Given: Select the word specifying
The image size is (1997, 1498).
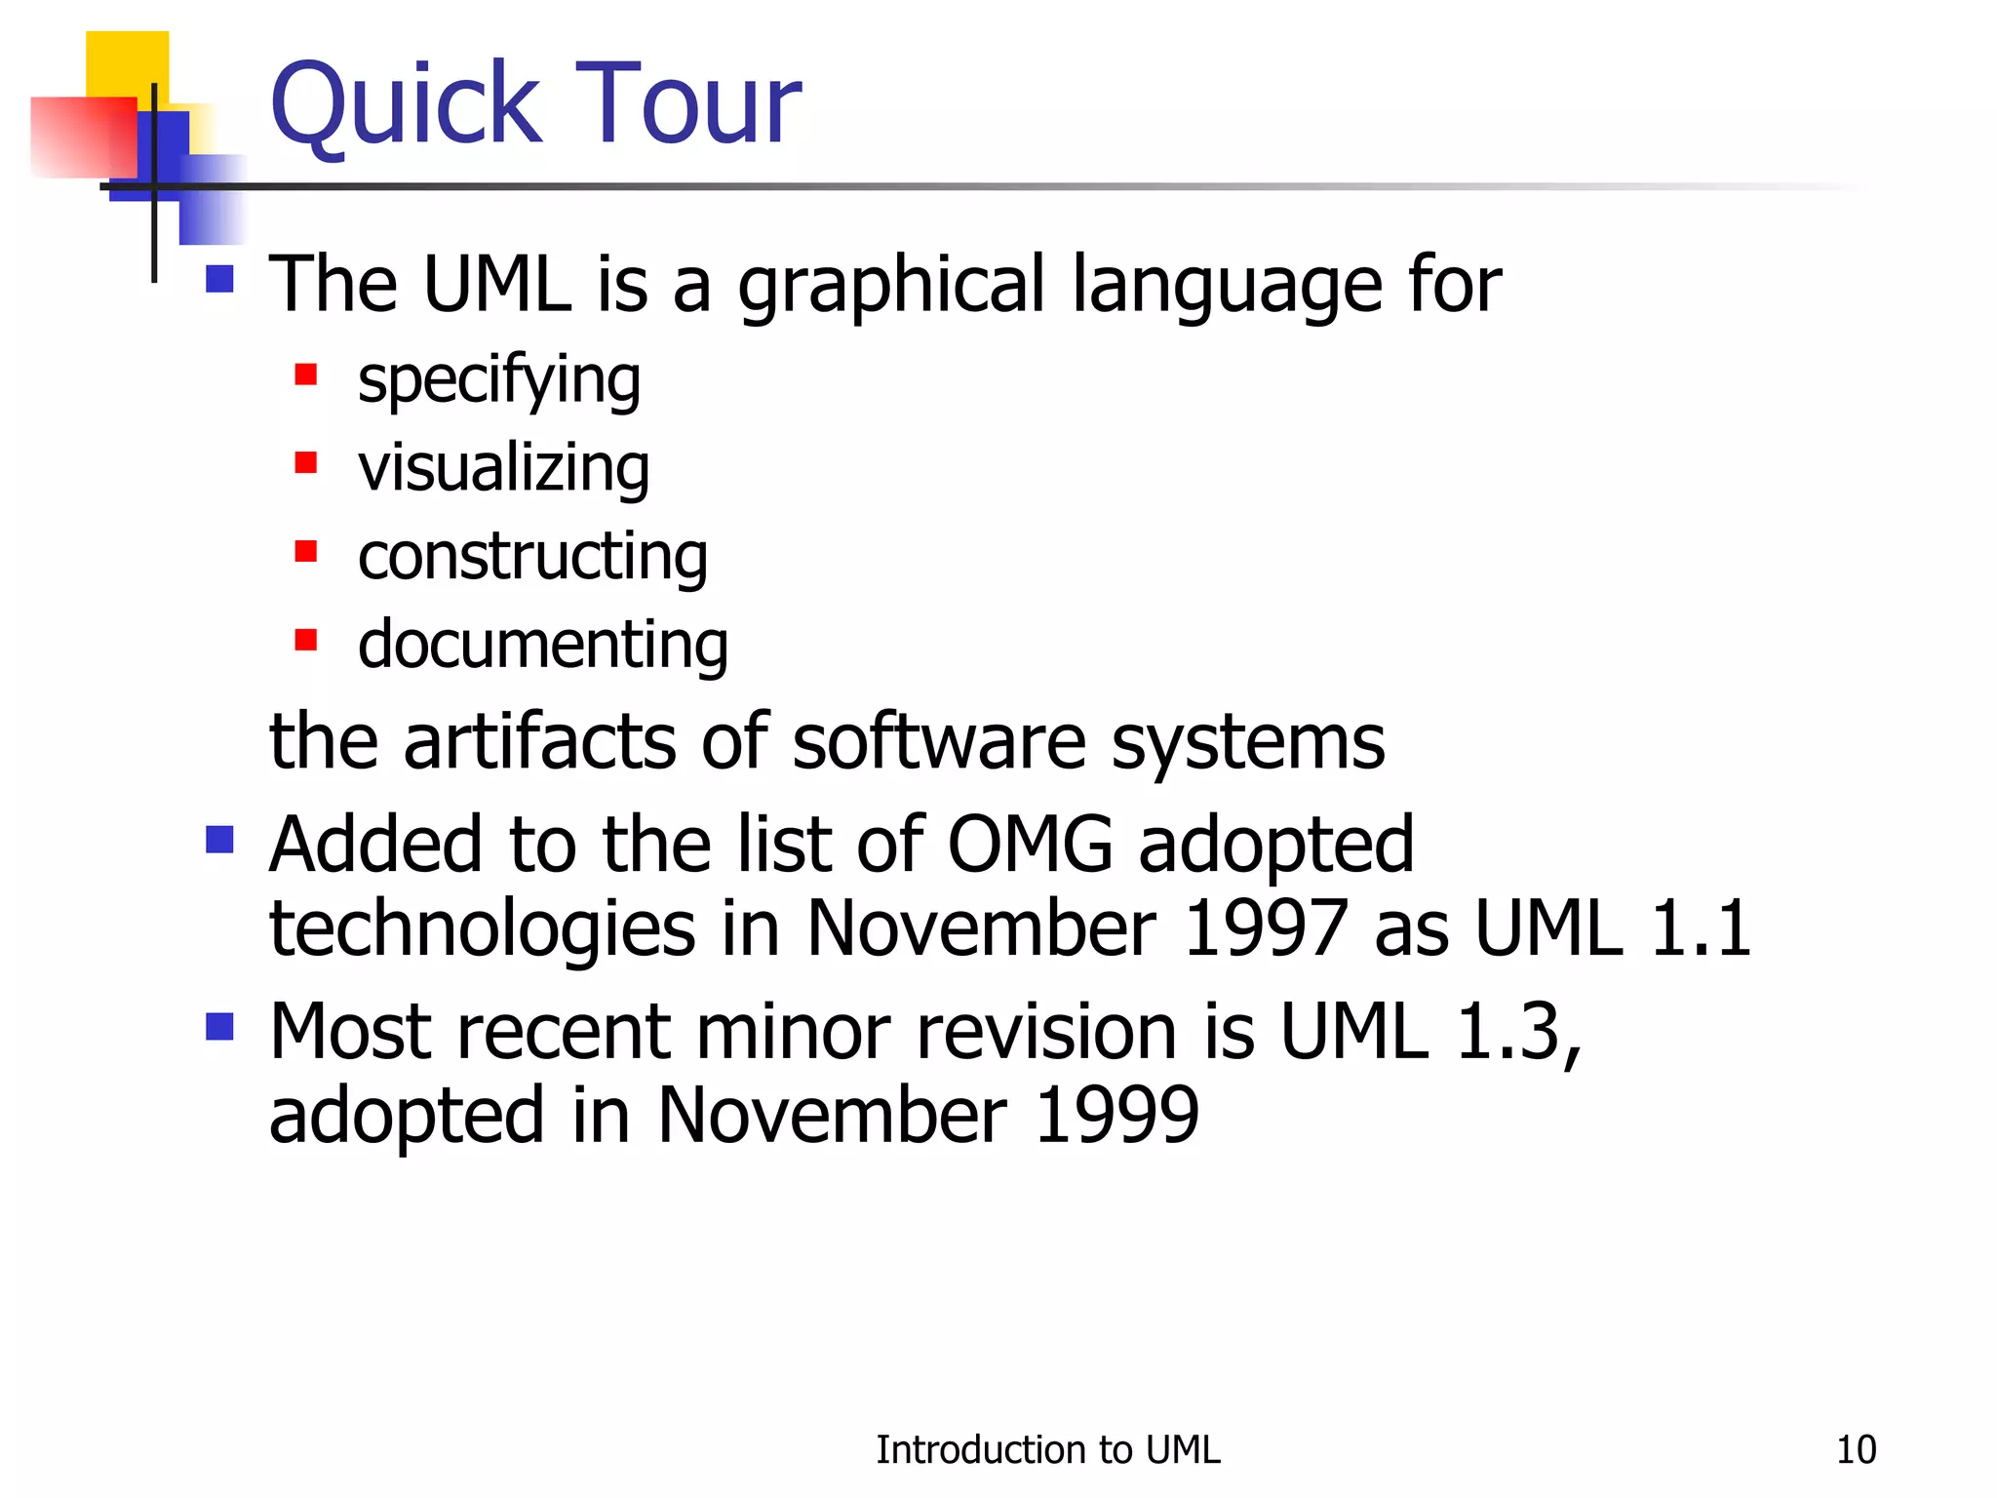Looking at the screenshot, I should (x=499, y=380).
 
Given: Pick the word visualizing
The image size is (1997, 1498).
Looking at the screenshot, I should (x=503, y=468).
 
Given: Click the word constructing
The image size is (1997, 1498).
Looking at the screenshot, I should (x=532, y=557).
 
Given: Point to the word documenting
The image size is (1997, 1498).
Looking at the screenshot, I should (x=543, y=645).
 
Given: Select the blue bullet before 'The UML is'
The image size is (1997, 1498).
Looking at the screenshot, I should (x=220, y=280).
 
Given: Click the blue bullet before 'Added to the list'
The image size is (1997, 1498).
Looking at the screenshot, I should (x=220, y=840).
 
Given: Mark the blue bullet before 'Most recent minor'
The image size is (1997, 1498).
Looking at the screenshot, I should (x=220, y=1027).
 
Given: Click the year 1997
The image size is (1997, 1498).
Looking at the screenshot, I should (x=1265, y=927).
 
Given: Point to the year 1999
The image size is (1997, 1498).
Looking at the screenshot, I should (x=1116, y=1115).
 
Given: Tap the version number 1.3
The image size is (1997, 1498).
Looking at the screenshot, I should (x=1515, y=1031).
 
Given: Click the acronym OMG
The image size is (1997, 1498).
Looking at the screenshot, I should (x=1030, y=844).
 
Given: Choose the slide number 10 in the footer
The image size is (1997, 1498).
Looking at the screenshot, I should (x=1856, y=1450).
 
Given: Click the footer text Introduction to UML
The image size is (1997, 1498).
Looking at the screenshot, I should (x=1047, y=1450).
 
